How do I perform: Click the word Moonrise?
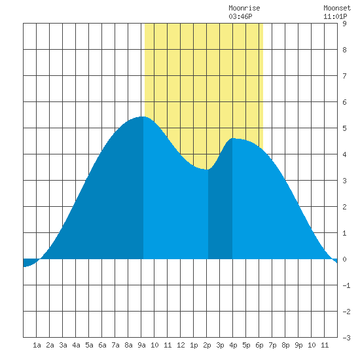pos(244,8)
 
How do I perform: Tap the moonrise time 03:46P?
pos(240,16)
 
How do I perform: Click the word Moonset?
pos(337,8)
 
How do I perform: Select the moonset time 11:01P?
pos(335,16)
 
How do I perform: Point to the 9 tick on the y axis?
pos(344,24)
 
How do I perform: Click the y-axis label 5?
pos(344,128)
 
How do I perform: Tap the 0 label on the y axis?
pos(344,259)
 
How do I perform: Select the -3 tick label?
pos(346,338)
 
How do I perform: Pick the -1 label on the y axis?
pos(346,285)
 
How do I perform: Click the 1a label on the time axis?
pos(37,345)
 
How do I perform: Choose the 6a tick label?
pos(102,345)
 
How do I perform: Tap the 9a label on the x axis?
pos(141,345)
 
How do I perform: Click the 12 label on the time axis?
pos(181,345)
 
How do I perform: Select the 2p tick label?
pos(207,345)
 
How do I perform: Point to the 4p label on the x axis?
pos(233,345)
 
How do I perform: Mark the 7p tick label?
pos(272,345)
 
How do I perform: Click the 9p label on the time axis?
pos(298,345)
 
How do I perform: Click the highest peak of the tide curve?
pos(143,117)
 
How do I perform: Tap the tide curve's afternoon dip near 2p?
pos(207,170)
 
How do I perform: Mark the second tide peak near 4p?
pos(233,139)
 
